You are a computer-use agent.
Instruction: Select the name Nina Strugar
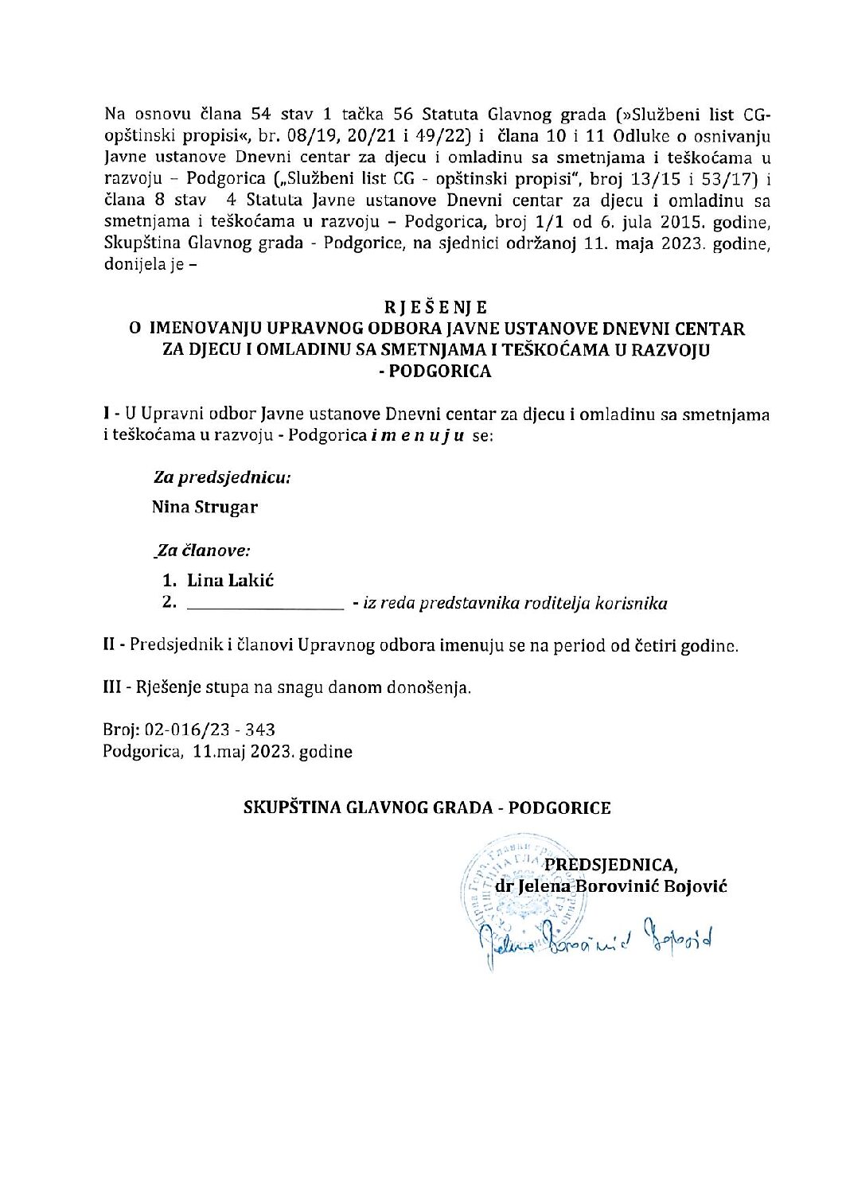pyautogui.click(x=205, y=507)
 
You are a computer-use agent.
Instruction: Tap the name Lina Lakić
pyautogui.click(x=231, y=580)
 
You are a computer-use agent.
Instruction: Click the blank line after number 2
pyautogui.click(x=263, y=605)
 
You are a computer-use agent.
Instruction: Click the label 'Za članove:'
pyautogui.click(x=204, y=550)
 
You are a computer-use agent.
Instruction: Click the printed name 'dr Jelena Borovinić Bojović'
pyautogui.click(x=610, y=885)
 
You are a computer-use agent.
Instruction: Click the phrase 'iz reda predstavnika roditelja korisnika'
pyautogui.click(x=515, y=603)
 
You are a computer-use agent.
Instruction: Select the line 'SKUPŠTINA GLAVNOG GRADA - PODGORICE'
pyautogui.click(x=427, y=808)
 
